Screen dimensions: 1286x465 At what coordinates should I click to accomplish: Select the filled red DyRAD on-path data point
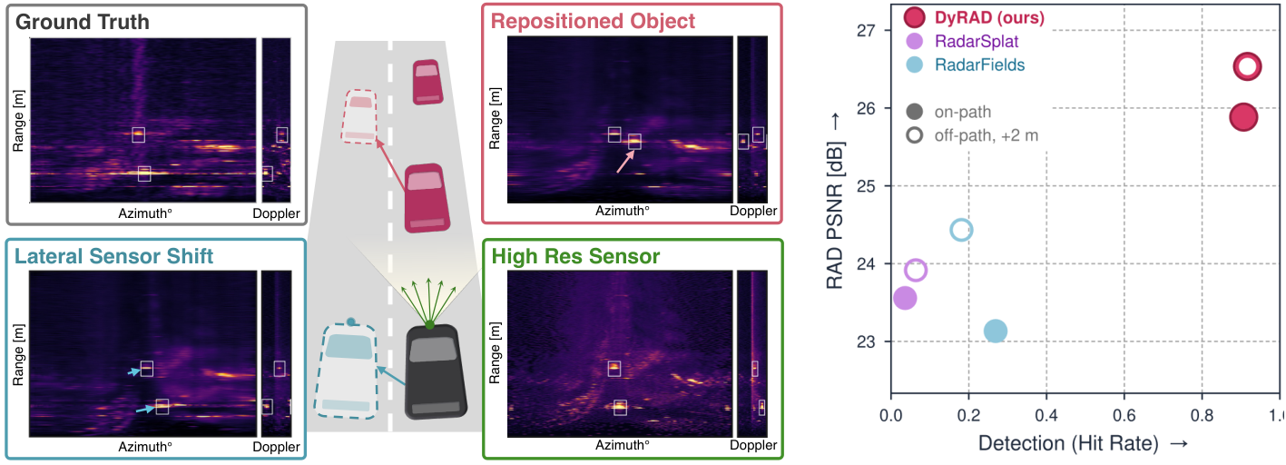(x=1243, y=117)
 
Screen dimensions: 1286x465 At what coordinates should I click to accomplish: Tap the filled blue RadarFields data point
(x=996, y=331)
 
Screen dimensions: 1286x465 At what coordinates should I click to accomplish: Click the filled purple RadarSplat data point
(x=905, y=298)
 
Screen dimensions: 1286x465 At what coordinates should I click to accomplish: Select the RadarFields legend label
(x=979, y=65)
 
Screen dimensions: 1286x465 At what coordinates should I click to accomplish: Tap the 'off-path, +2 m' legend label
(x=987, y=135)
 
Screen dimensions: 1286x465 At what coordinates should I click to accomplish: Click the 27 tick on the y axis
(x=866, y=31)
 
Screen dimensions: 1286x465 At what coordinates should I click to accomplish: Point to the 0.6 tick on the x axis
(x=1124, y=415)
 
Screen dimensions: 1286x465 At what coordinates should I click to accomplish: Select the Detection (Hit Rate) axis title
(x=1068, y=443)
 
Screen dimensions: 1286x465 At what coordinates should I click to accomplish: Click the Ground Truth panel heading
(x=82, y=22)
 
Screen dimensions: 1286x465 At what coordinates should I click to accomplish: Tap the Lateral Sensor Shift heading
(x=113, y=256)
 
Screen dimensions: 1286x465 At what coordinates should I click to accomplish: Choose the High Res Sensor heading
(x=575, y=256)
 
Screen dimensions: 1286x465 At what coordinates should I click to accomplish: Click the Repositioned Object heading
(x=593, y=21)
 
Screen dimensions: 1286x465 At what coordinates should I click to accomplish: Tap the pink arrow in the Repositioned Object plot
(x=626, y=161)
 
